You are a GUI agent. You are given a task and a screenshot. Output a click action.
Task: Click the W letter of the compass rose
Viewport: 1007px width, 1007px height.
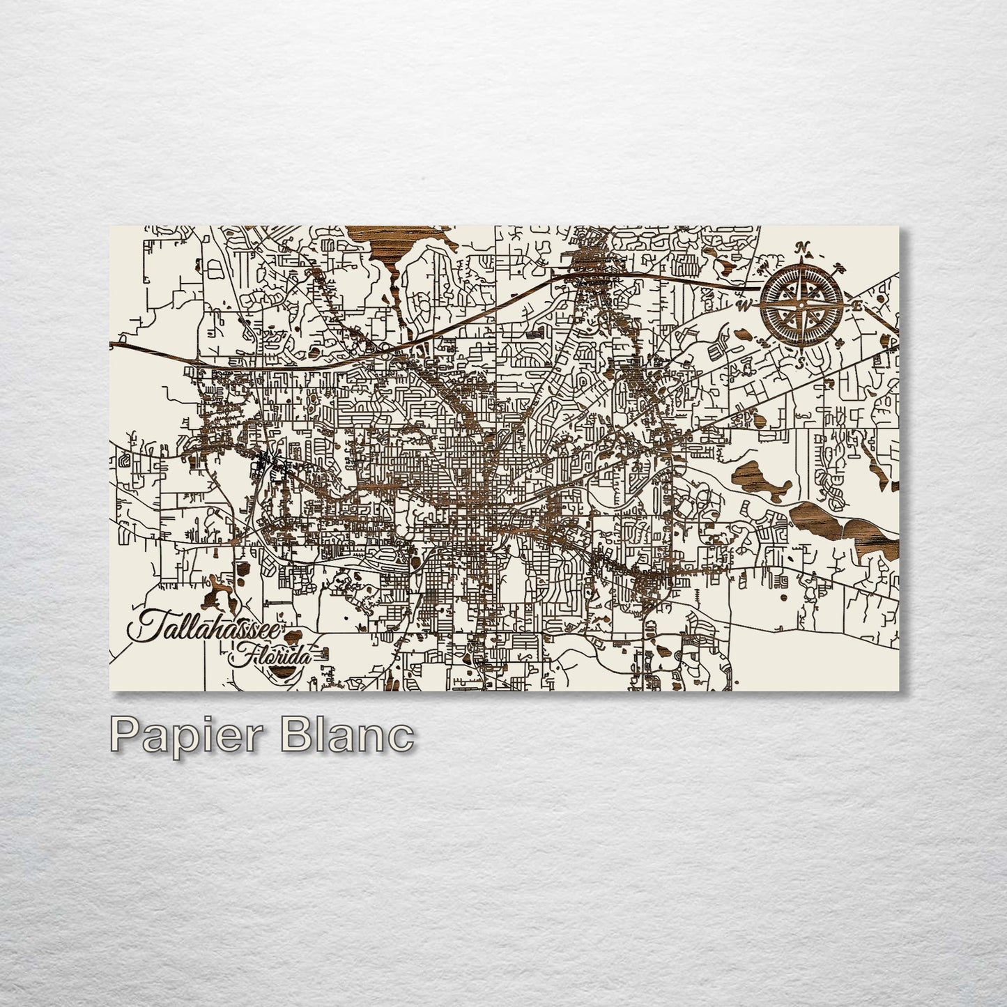click(x=744, y=305)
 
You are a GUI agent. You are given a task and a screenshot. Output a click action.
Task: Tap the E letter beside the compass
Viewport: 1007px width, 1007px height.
click(x=858, y=305)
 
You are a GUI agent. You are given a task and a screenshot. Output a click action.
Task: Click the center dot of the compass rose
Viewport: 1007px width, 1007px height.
click(x=802, y=304)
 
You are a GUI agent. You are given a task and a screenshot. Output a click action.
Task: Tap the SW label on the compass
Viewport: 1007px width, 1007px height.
click(x=762, y=343)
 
